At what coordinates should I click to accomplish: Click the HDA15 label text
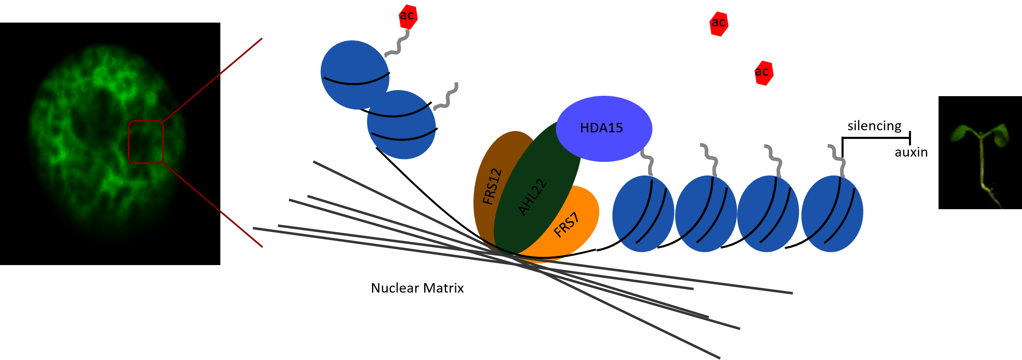point(601,128)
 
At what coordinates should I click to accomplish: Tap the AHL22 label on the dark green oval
point(532,197)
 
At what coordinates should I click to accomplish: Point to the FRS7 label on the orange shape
point(566,225)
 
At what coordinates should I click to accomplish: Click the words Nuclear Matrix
point(417,288)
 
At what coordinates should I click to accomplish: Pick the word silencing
point(874,126)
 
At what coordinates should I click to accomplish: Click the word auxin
point(911,152)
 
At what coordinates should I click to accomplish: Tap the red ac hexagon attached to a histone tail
point(408,17)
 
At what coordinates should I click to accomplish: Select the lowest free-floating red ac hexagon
point(764,73)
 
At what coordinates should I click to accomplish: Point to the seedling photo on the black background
point(980,152)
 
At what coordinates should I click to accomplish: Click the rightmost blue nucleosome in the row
point(832,214)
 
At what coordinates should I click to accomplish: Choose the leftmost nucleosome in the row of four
point(643,214)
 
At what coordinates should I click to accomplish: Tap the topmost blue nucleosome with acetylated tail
point(355,75)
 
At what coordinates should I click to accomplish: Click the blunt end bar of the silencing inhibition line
point(910,138)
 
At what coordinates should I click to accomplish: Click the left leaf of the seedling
point(961,133)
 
